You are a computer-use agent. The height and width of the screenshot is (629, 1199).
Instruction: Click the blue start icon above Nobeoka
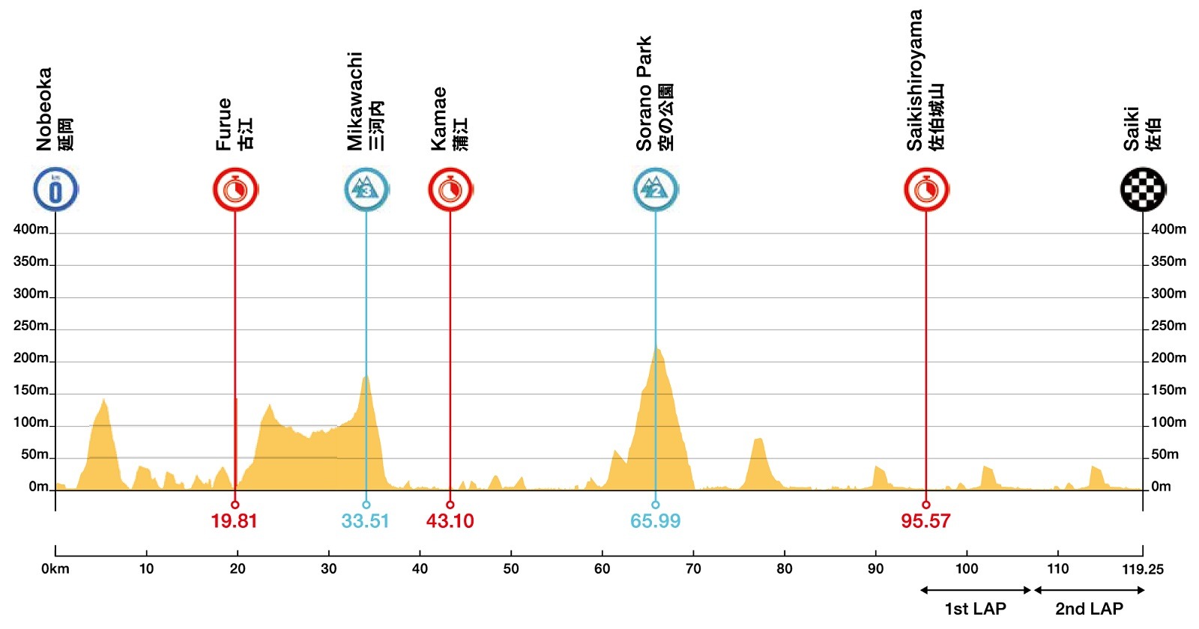pos(55,189)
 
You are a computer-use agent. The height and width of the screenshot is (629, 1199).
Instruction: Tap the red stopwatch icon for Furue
pos(235,189)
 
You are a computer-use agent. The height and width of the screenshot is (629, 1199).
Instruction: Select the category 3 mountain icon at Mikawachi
pos(366,189)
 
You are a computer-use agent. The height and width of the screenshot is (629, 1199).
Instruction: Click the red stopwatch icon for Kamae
pos(450,189)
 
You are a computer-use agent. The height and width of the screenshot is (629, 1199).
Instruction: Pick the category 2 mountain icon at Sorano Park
pos(656,189)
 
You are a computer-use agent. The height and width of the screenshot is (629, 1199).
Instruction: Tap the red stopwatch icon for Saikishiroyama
pos(926,189)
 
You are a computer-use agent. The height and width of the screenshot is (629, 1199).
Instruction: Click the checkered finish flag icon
pos(1143,189)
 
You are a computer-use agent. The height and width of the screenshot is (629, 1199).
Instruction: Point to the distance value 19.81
pos(234,521)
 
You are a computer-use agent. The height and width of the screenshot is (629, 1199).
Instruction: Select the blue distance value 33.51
pos(365,521)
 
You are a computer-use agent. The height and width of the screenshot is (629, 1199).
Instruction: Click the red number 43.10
pos(450,521)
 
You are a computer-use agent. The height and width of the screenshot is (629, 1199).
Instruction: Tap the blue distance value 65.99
pos(655,521)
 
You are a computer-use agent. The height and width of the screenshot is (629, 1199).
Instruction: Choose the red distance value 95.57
pos(925,521)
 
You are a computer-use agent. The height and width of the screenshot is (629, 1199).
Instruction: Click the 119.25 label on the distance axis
pos(1142,569)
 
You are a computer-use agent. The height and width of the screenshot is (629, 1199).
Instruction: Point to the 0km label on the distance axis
pos(55,569)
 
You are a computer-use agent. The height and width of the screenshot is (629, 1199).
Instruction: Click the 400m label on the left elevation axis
pos(31,229)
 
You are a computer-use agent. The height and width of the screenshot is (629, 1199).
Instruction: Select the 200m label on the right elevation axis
pos(1168,358)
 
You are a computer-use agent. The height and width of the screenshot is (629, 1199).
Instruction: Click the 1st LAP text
pos(975,609)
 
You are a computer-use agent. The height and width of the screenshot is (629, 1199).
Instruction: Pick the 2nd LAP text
pos(1089,609)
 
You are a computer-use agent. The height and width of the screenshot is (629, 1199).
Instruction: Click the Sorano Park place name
pos(644,94)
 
